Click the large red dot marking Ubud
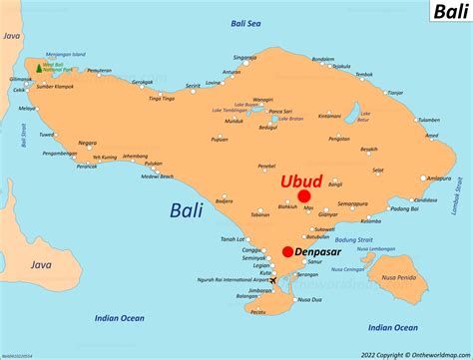(x=303, y=197)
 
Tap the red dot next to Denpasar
(x=287, y=252)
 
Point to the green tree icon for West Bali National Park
(x=39, y=68)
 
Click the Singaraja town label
(x=245, y=58)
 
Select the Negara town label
(x=88, y=143)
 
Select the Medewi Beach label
(x=158, y=177)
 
